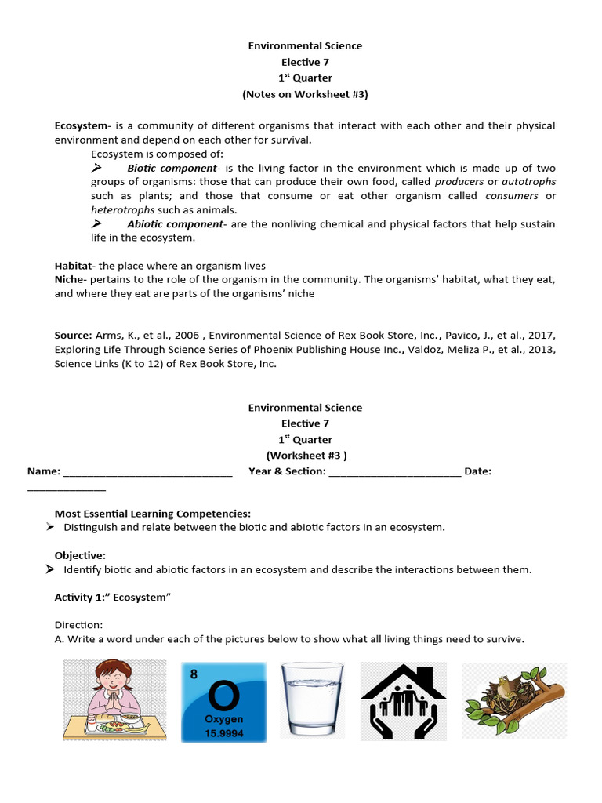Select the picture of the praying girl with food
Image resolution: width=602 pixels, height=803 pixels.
[x=114, y=699]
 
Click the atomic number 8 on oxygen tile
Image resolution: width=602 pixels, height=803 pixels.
[x=194, y=673]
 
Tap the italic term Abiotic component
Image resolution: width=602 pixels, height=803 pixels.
[x=175, y=224]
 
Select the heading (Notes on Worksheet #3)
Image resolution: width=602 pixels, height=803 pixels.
[x=305, y=94]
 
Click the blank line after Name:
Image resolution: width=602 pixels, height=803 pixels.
[x=147, y=471]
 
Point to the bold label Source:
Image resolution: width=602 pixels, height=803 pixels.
[x=73, y=336]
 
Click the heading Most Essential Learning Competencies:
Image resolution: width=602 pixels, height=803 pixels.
[x=152, y=514]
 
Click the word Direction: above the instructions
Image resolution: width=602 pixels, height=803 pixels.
[x=78, y=625]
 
